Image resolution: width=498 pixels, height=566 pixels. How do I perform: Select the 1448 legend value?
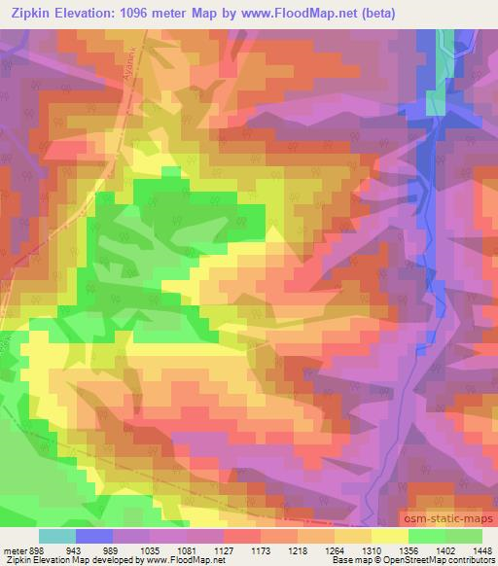(x=478, y=548)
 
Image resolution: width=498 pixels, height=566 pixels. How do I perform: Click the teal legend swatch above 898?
(x=57, y=535)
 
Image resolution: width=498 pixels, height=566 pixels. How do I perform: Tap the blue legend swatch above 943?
(x=94, y=535)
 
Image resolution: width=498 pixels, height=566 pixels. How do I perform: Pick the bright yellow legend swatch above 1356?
(x=390, y=535)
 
